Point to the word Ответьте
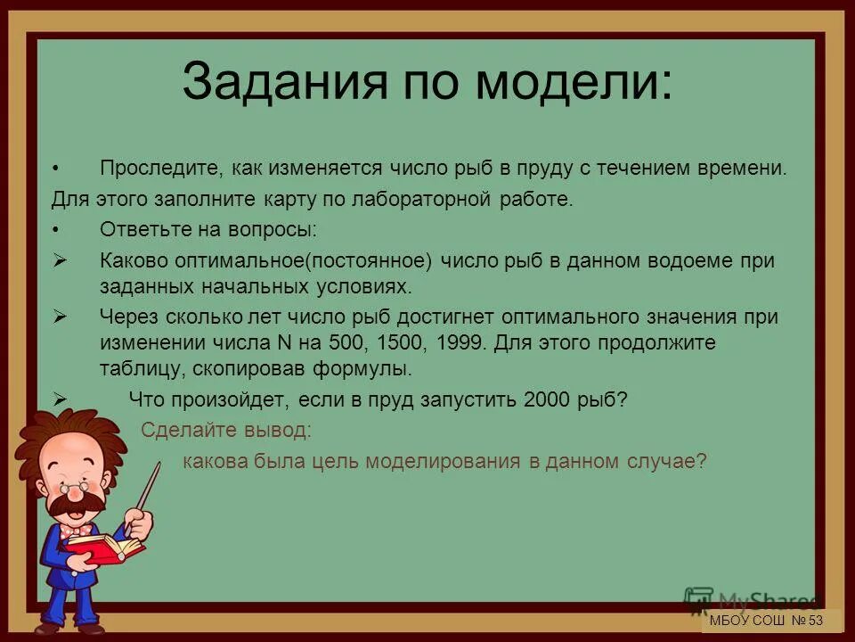pos(138,229)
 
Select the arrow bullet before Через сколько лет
pos(61,317)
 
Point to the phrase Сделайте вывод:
pos(226,430)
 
